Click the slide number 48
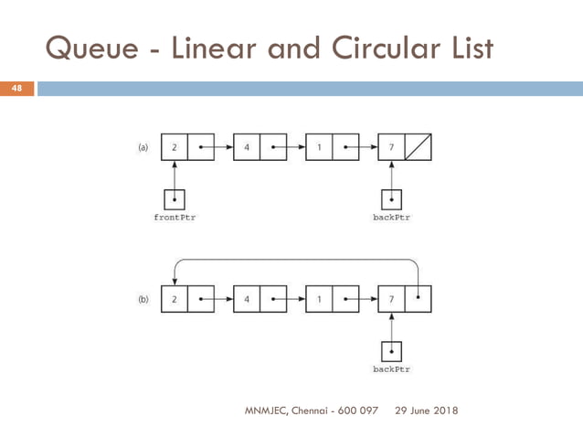click(16, 89)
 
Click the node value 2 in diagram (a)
click(174, 145)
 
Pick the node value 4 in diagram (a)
click(246, 145)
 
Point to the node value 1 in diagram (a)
click(319, 145)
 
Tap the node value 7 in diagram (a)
click(391, 145)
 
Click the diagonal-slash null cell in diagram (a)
click(418, 145)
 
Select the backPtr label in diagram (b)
click(391, 369)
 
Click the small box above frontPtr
click(174, 198)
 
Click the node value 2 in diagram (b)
click(174, 299)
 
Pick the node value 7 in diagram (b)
click(391, 299)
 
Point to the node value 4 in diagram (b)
click(246, 299)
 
